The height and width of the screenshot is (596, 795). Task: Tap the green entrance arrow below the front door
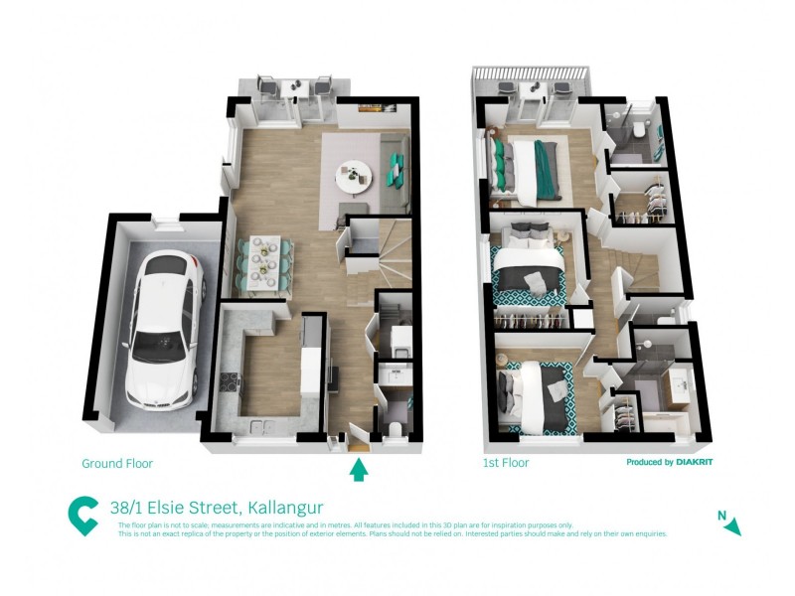(359, 469)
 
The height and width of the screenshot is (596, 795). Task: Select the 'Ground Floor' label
(117, 463)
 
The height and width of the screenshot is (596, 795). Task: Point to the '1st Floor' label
(506, 463)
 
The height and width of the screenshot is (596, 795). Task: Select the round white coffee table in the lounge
(351, 177)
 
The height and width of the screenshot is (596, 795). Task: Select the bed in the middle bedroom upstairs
(527, 270)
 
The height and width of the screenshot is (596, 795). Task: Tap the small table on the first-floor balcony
(533, 92)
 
